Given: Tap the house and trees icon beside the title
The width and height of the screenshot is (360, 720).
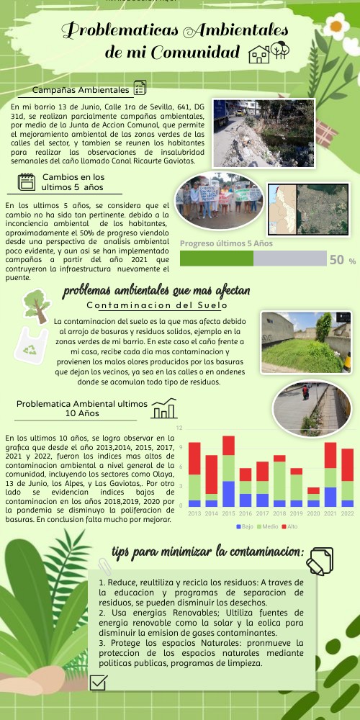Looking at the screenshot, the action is (269, 52).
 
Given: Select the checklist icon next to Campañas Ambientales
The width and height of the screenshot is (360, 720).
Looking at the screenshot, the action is (140, 89).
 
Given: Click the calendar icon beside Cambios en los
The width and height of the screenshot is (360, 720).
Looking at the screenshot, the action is (27, 182).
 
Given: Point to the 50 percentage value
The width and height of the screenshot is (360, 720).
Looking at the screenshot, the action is (336, 260).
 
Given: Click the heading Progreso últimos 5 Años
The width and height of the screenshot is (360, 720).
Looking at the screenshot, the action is (226, 243).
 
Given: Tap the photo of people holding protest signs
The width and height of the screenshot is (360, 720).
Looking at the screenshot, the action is (219, 202).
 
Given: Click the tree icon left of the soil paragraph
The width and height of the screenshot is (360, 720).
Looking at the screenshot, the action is (34, 305).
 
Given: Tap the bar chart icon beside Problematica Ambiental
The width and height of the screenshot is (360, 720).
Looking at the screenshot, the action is (164, 409).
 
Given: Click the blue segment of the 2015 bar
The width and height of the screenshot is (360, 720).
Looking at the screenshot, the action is (228, 493).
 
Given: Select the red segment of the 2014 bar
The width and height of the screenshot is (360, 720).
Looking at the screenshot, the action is (212, 474).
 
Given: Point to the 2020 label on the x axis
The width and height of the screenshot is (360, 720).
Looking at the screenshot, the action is (312, 513).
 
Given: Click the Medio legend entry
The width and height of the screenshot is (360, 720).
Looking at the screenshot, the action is (269, 526).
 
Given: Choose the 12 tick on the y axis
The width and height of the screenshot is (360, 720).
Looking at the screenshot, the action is (179, 429).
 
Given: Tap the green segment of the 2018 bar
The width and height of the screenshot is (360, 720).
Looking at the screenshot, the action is (279, 480).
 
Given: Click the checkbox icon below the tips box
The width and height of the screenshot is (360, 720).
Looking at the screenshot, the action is (99, 681).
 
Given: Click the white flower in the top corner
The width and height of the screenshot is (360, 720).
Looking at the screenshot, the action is (336, 27).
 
